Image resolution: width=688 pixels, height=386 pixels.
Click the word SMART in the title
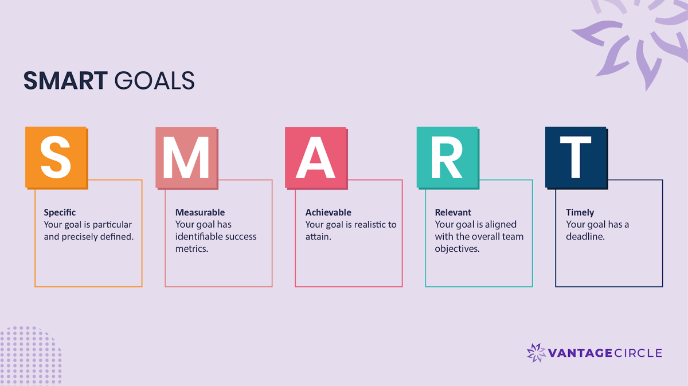click(x=65, y=81)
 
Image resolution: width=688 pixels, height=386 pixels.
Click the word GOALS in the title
click(x=154, y=81)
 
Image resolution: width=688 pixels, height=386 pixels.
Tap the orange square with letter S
click(x=56, y=157)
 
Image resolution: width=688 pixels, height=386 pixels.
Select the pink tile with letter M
click(x=186, y=157)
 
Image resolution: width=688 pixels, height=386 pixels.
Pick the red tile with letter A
click(x=316, y=157)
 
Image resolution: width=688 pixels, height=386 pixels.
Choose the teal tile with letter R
click(x=447, y=157)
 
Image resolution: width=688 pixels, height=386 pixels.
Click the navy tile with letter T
click(x=576, y=157)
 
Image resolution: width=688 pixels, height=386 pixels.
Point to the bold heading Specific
click(x=60, y=213)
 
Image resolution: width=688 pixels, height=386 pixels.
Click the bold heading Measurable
click(x=200, y=213)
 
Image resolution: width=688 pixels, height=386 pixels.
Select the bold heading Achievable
click(x=328, y=213)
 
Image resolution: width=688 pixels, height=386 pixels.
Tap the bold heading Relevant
click(x=453, y=213)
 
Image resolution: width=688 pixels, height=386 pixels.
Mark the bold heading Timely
click(x=580, y=213)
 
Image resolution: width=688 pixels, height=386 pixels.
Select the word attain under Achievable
click(x=318, y=236)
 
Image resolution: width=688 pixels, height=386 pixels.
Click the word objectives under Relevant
click(x=456, y=249)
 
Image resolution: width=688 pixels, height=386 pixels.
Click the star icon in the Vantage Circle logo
click(x=536, y=353)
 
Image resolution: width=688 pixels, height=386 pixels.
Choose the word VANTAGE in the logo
click(x=580, y=353)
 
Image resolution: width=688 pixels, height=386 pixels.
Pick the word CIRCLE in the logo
click(x=638, y=353)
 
